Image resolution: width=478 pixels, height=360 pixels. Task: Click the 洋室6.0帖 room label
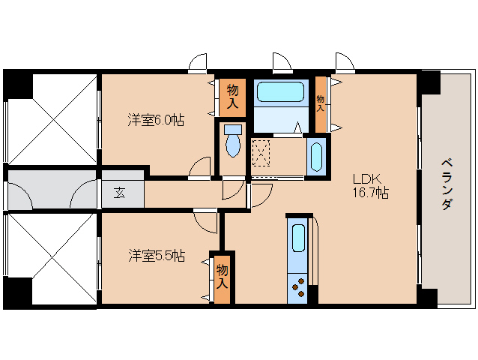click(x=156, y=120)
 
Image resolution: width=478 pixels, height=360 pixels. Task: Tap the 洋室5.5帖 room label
click(x=157, y=256)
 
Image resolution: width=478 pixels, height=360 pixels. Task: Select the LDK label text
click(x=366, y=178)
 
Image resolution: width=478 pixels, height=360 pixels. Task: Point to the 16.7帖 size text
click(x=371, y=193)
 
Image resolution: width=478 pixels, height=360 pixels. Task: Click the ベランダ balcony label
click(x=447, y=184)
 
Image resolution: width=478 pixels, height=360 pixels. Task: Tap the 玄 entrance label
click(x=119, y=193)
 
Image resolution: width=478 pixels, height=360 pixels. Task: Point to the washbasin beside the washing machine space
click(x=316, y=157)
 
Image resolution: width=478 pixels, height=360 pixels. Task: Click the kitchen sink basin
click(x=298, y=238)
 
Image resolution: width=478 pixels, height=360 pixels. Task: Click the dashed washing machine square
click(x=261, y=153)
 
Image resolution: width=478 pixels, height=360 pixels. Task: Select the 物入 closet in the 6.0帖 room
click(x=232, y=97)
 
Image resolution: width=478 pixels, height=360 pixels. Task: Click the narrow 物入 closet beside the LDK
click(x=321, y=104)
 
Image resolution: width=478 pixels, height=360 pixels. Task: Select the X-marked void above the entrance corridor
click(x=52, y=119)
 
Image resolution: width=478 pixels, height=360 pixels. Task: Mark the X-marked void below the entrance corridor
click(x=52, y=259)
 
